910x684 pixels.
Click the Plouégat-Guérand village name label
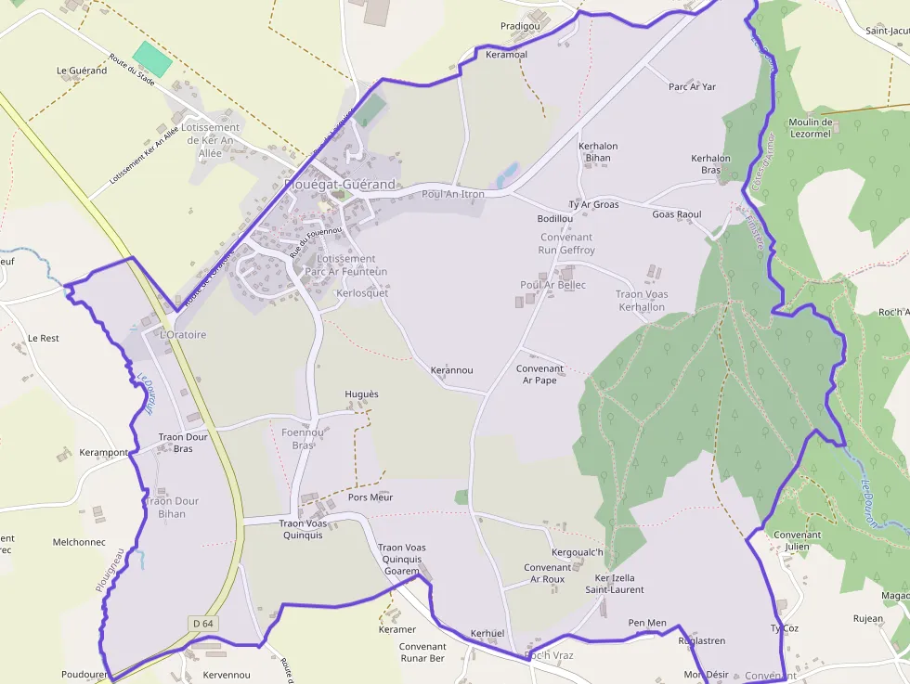tap(340, 185)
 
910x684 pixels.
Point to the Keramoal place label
tap(506, 55)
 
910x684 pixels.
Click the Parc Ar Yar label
tap(692, 87)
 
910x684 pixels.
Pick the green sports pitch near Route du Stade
tap(152, 58)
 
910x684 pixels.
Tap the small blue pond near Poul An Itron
tap(507, 174)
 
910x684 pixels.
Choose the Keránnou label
tap(451, 370)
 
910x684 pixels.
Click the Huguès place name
tap(361, 394)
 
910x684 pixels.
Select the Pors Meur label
tap(370, 497)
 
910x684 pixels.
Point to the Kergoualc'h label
tap(578, 553)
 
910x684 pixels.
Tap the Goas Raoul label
tap(677, 214)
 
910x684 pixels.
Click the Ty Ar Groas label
tap(593, 204)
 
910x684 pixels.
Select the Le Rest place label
tap(43, 338)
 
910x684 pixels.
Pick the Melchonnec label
tap(79, 542)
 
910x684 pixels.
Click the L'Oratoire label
tap(183, 334)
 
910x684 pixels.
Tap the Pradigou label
tap(520, 26)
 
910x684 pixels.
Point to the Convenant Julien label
tap(797, 540)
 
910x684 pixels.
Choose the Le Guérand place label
tap(82, 71)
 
